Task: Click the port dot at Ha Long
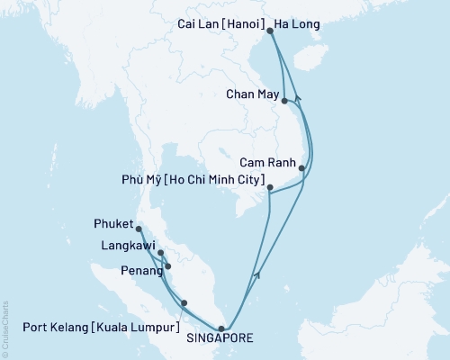point(271,31)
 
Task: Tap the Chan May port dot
point(284,101)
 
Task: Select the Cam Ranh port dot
point(301,168)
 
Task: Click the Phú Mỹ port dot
point(270,187)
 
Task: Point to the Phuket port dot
point(139,229)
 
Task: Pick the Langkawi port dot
point(161,253)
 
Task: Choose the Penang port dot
point(167,266)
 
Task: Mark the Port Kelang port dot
point(184,303)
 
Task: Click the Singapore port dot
point(221,328)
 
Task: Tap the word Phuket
point(112,222)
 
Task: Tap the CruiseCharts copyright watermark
point(4,328)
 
